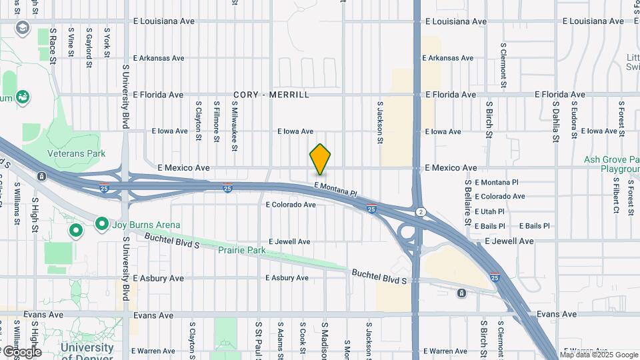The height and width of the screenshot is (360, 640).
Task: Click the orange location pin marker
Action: click(x=320, y=159)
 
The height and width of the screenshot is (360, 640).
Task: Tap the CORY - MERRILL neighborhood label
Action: click(x=271, y=95)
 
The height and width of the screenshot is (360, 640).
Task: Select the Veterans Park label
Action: click(x=76, y=153)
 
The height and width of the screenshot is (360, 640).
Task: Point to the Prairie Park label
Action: click(x=241, y=251)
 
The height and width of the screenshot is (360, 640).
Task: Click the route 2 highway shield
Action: click(x=420, y=211)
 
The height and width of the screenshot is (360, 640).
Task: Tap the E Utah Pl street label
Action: click(x=489, y=211)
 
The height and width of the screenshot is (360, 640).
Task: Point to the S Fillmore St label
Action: click(x=217, y=121)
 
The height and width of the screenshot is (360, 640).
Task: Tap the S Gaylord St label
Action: click(x=89, y=47)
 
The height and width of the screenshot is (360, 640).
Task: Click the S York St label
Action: click(x=107, y=44)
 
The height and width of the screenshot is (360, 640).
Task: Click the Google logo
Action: click(x=21, y=351)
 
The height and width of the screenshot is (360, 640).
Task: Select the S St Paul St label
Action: click(x=259, y=341)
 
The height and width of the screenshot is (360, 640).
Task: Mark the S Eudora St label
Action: click(x=574, y=121)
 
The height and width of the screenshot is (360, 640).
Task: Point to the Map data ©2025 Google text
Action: click(x=599, y=355)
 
